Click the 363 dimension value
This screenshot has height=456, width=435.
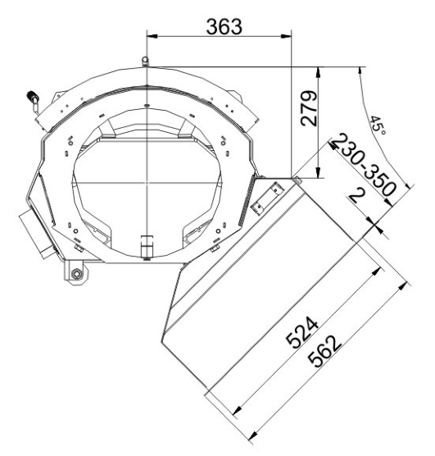click(224, 26)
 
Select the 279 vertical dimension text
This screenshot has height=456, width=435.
click(309, 108)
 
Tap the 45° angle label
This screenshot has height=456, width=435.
click(378, 125)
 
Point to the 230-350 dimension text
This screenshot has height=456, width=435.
click(364, 164)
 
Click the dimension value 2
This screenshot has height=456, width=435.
click(356, 195)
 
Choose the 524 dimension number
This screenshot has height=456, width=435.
click(302, 332)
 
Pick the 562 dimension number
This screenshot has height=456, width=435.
click(324, 351)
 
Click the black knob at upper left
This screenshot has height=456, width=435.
click(31, 95)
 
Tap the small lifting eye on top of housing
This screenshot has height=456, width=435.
click(145, 62)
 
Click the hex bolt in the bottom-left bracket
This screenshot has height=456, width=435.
click(76, 274)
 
